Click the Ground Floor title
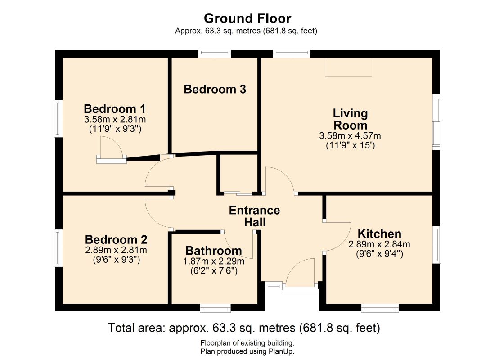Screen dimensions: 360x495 pyautogui.click(x=247, y=18)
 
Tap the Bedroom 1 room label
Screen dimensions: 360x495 pyautogui.click(x=115, y=109)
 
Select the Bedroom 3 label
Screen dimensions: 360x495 pyautogui.click(x=215, y=89)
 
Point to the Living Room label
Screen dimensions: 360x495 pyautogui.click(x=350, y=119)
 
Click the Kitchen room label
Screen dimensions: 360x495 pyautogui.click(x=379, y=234)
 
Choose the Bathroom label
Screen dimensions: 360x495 pyautogui.click(x=213, y=251)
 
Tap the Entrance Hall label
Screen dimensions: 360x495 pyautogui.click(x=254, y=216)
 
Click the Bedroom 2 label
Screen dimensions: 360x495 pyautogui.click(x=116, y=239)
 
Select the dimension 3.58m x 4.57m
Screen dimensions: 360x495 pyautogui.click(x=350, y=136)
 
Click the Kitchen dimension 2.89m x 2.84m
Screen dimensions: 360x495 pyautogui.click(x=379, y=244)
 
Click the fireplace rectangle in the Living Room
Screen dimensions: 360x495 pyautogui.click(x=349, y=67)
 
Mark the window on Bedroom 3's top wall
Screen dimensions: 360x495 pyautogui.click(x=215, y=54)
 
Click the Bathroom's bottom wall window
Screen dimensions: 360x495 pyautogui.click(x=215, y=308)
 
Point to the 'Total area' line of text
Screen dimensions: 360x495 pyautogui.click(x=244, y=328)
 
